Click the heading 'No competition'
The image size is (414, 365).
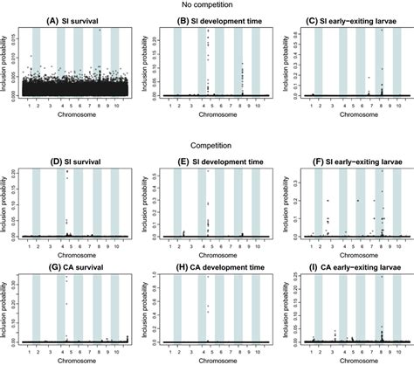206,6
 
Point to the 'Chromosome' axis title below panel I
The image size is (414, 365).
348,360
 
